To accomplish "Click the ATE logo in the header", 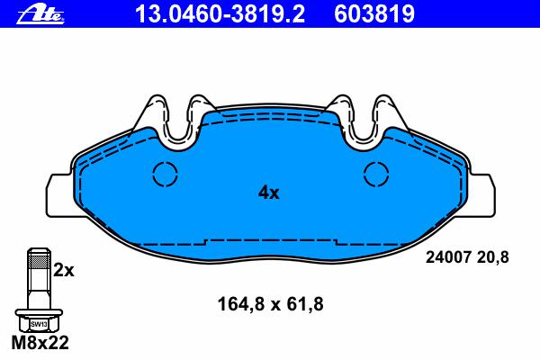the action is [x=40, y=15].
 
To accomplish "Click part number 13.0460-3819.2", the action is [x=220, y=14].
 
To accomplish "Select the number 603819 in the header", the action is [x=374, y=14].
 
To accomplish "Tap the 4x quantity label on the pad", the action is [x=269, y=193].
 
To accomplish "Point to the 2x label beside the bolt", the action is [x=64, y=271].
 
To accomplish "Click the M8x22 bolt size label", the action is [x=40, y=342].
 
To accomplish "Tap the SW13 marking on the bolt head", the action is [x=39, y=324].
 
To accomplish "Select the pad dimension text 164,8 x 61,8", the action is [x=270, y=304].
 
